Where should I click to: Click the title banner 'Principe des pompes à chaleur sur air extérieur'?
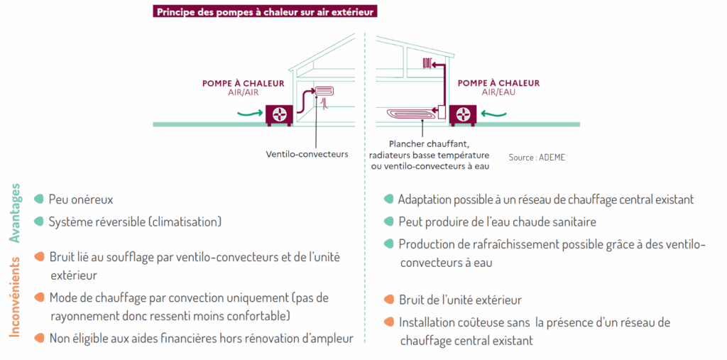click(x=264, y=11)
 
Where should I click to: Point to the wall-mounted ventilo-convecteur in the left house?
click(x=324, y=91)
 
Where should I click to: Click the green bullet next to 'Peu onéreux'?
click(x=38, y=200)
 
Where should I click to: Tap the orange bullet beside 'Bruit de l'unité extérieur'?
click(x=388, y=300)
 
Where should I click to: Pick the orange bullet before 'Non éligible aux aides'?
click(x=38, y=337)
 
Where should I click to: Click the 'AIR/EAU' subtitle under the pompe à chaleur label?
click(x=497, y=93)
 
